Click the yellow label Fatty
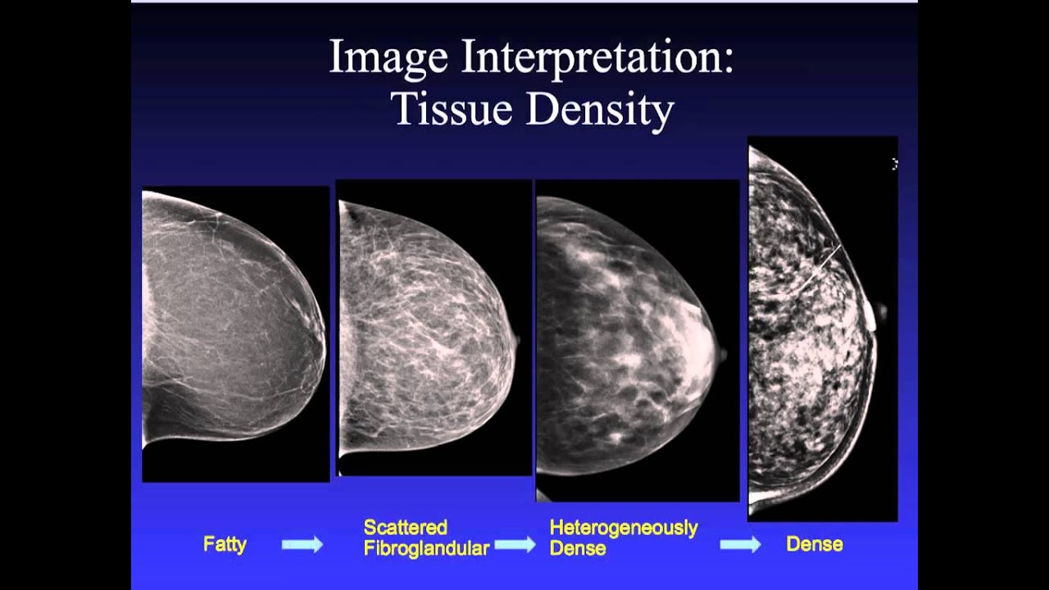(225, 544)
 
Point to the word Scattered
(406, 527)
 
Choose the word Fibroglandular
(426, 548)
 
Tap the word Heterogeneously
(624, 527)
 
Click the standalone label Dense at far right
(814, 544)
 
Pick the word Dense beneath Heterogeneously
(578, 548)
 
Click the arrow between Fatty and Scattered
(302, 544)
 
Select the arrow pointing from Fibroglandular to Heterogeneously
(515, 545)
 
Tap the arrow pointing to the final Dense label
(741, 545)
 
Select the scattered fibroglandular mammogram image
(434, 328)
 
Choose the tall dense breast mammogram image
(822, 328)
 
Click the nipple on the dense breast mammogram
(880, 312)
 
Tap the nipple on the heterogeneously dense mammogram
(722, 355)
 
